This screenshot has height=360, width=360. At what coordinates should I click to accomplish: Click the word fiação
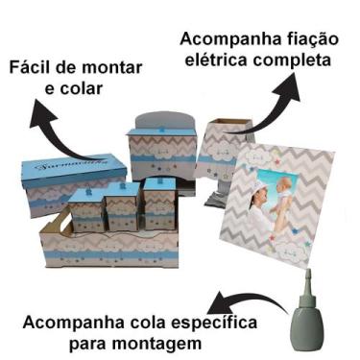coord(305,40)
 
